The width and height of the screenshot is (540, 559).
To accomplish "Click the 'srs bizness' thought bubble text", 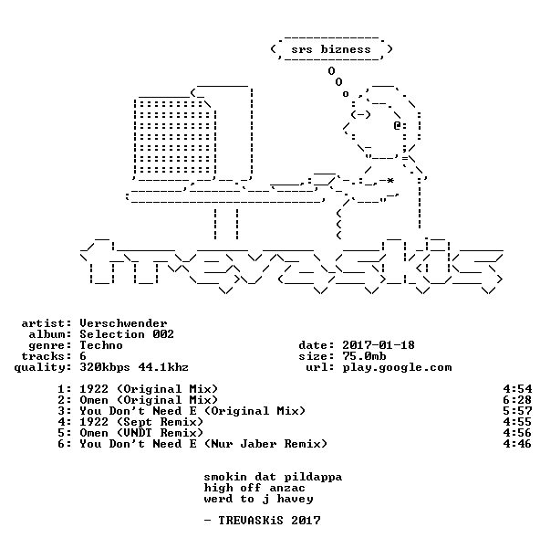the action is (331, 49).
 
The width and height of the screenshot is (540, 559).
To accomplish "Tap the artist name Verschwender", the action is (123, 323).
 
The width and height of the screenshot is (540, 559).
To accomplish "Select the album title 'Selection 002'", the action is (127, 334).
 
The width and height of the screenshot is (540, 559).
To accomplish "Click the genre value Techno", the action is (101, 345).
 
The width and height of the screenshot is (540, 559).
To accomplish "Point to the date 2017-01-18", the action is (379, 345).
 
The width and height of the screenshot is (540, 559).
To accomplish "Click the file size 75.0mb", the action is (364, 356).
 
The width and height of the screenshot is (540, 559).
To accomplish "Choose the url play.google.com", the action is (397, 367).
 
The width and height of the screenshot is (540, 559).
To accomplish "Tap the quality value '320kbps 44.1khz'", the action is (134, 367).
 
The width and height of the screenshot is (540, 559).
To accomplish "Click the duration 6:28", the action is (517, 400).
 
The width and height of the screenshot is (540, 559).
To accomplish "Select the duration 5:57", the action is (517, 411).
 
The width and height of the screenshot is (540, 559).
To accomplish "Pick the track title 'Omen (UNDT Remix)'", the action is (141, 433).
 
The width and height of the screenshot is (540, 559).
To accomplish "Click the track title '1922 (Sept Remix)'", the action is (141, 422).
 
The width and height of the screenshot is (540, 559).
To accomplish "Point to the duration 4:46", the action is (517, 444).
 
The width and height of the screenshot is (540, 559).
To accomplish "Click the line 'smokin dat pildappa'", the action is (273, 478).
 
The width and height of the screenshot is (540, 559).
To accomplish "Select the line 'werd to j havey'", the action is (259, 499).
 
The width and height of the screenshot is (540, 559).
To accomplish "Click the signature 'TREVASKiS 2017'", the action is (269, 521).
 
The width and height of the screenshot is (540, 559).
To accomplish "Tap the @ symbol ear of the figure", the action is (398, 125).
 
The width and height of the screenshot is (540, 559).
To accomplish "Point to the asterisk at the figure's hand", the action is (390, 180).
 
